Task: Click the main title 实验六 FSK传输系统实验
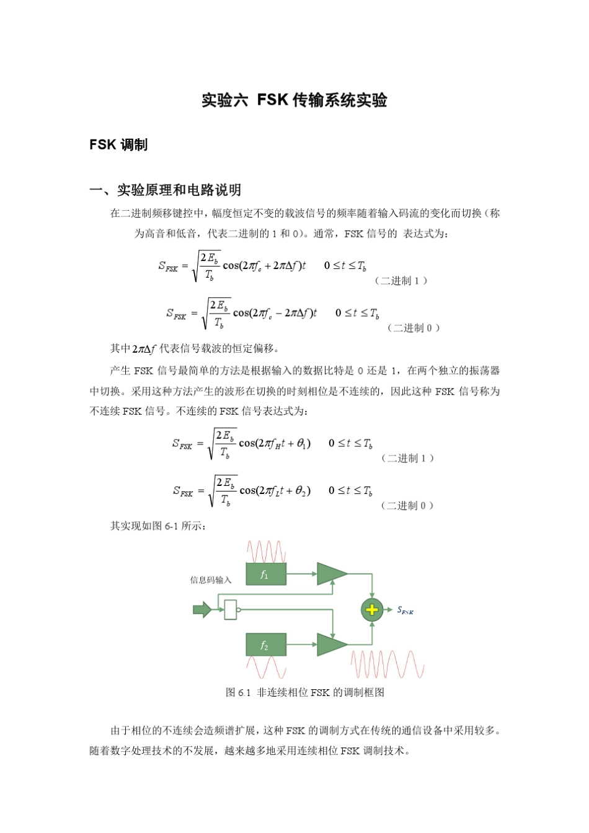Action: [294, 100]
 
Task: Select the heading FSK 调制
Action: [118, 145]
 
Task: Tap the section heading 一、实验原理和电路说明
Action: [166, 190]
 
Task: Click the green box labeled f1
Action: [266, 575]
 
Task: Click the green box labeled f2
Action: [266, 645]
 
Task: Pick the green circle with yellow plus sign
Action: [371, 610]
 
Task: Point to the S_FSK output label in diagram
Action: [405, 610]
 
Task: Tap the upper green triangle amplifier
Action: [331, 574]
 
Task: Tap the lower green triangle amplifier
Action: [331, 645]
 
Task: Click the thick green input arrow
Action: [202, 610]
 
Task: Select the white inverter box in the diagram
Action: [230, 610]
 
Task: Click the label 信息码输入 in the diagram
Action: [211, 580]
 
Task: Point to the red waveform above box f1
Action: [266, 551]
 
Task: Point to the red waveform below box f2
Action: [266, 667]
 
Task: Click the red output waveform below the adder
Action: [387, 664]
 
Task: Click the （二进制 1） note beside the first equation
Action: [401, 281]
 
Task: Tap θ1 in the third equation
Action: [303, 444]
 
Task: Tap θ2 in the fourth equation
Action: [303, 491]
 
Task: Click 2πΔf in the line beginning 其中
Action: [144, 349]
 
